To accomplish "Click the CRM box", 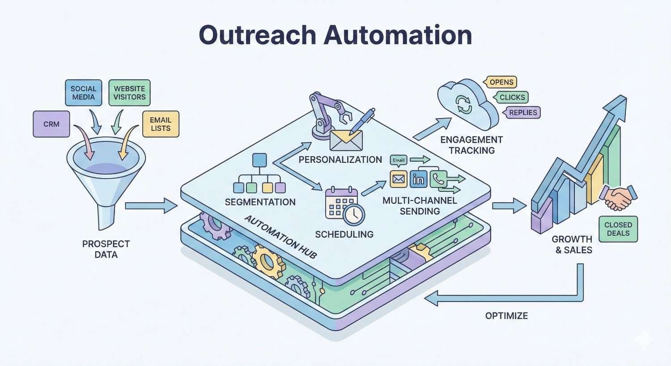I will (x=51, y=124).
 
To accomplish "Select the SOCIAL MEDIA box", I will (x=83, y=93).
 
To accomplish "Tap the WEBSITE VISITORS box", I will (x=129, y=93).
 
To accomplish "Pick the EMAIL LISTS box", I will (x=161, y=124).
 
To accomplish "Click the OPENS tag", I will (x=501, y=82).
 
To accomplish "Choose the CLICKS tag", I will (x=512, y=97).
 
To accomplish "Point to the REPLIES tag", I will (x=522, y=112).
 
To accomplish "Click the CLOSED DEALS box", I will (x=618, y=229).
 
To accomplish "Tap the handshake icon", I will (x=619, y=197).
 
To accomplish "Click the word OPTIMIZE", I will (x=506, y=316).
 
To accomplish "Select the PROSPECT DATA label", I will (x=106, y=249).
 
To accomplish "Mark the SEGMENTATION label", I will (x=260, y=202).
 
